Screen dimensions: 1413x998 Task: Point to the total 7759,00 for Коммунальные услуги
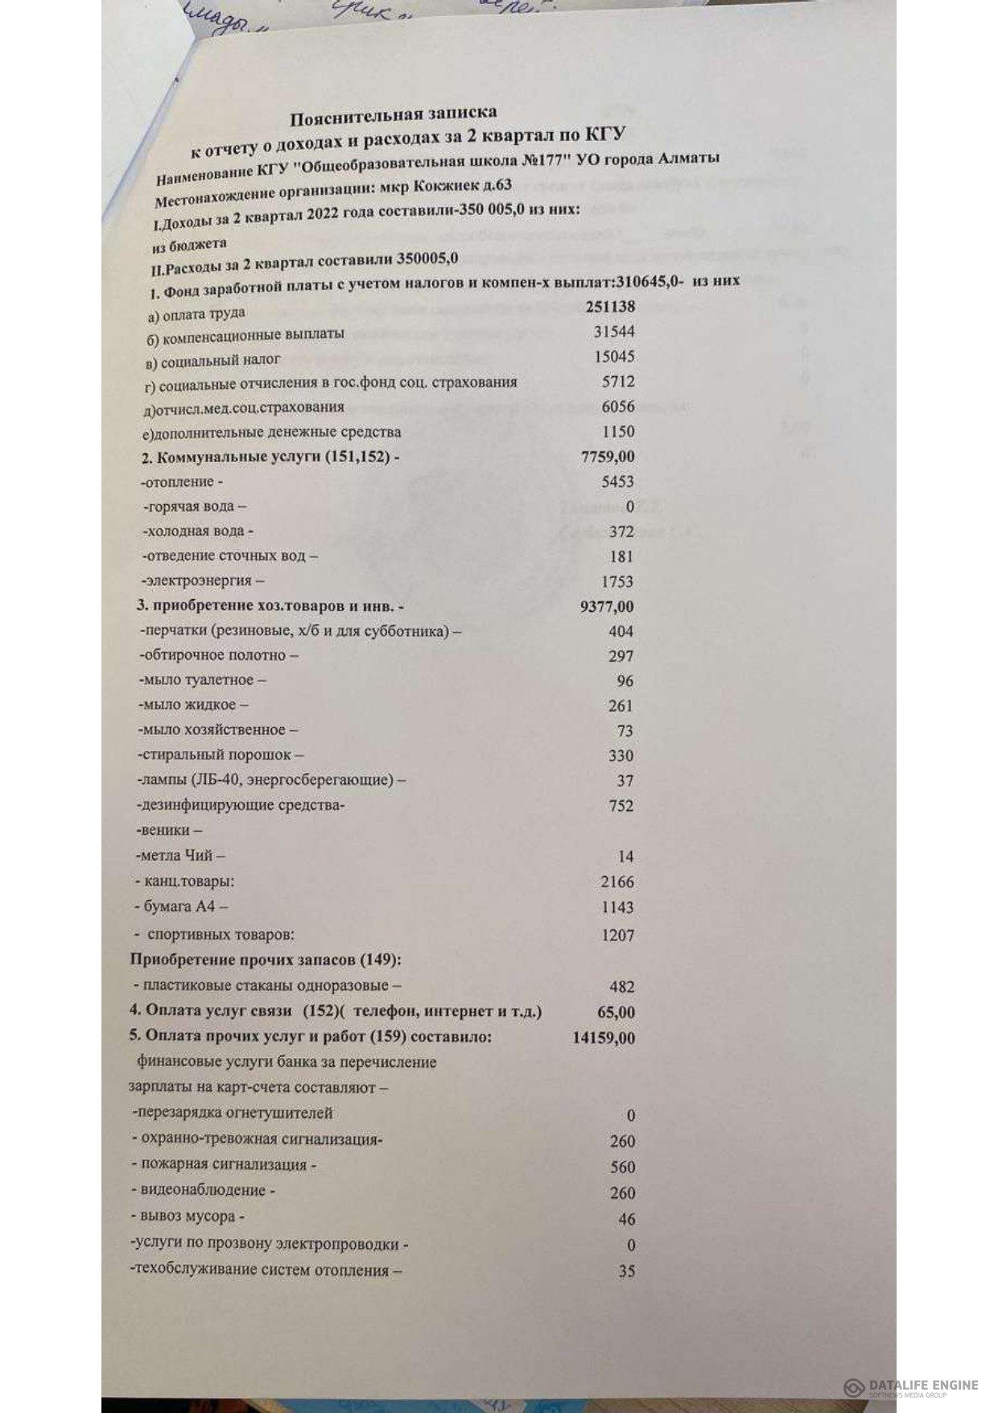coord(608,457)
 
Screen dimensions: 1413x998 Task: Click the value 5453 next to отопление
coord(617,481)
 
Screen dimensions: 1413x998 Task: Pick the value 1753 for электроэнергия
coord(617,581)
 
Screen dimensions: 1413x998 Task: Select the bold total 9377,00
coord(606,606)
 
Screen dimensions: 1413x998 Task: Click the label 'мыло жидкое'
coord(190,705)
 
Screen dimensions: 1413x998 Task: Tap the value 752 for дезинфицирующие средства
coord(621,806)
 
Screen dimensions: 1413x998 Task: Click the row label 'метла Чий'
coord(179,856)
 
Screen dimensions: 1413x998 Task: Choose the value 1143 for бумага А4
coord(617,907)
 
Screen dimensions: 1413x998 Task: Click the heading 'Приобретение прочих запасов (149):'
coord(266,960)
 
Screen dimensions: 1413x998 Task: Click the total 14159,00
coord(604,1038)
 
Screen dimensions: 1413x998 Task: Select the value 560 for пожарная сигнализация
coord(622,1167)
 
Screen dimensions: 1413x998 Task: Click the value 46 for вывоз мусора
coord(626,1219)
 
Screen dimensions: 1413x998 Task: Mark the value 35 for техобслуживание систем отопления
coord(626,1271)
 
